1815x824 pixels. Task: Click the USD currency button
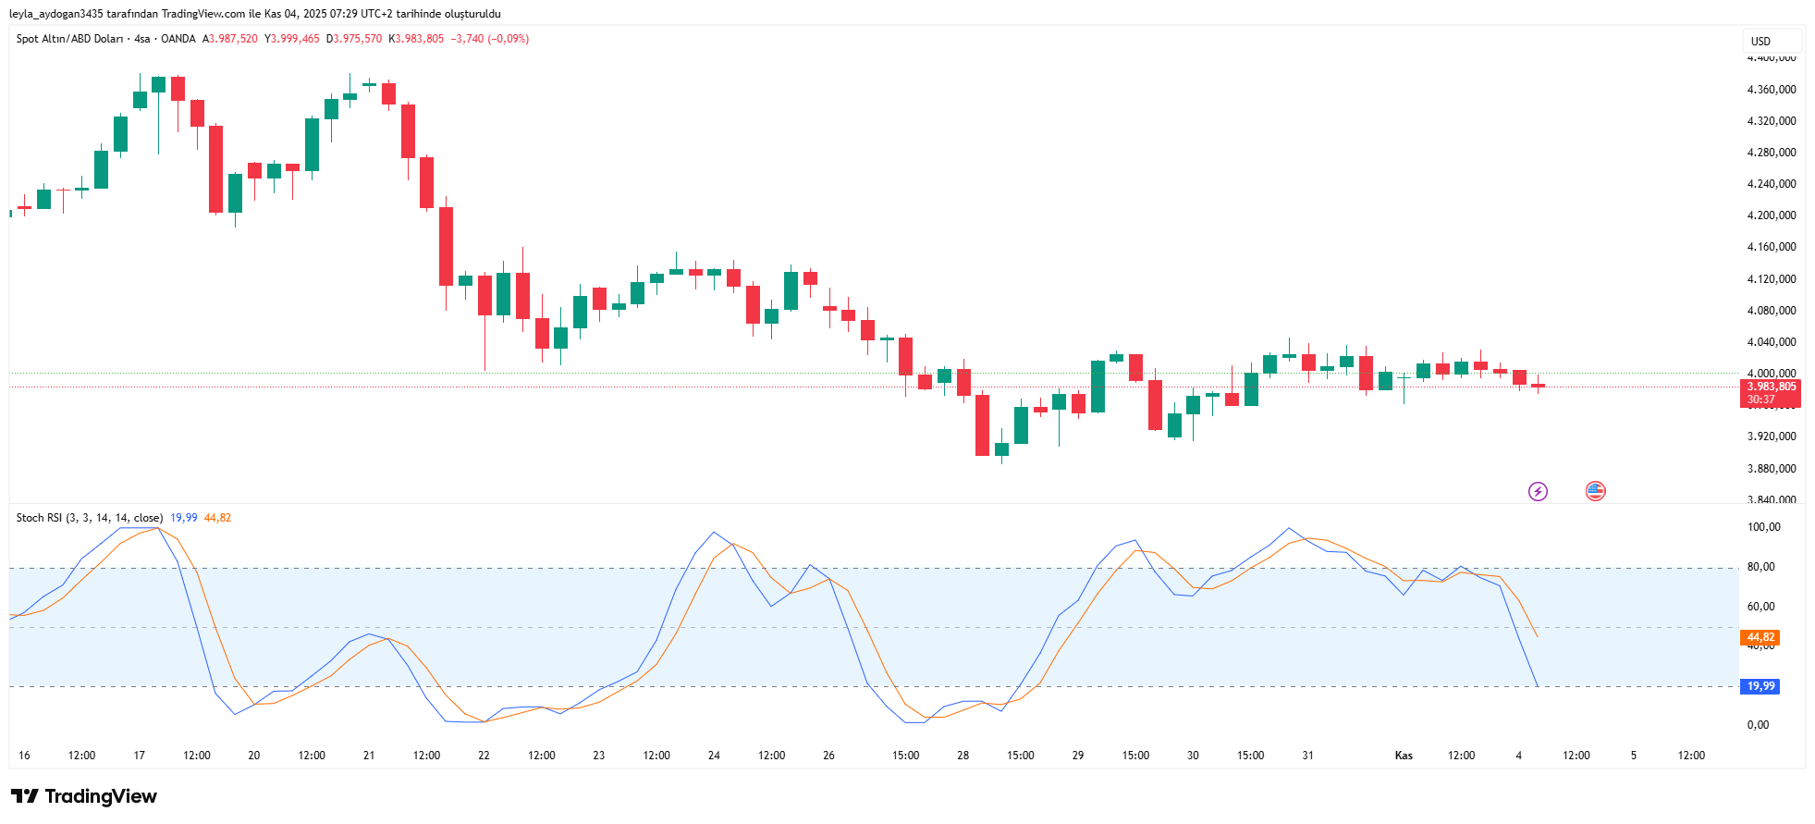pyautogui.click(x=1760, y=41)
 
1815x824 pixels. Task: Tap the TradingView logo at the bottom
pyautogui.click(x=84, y=796)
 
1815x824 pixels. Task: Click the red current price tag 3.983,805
pyautogui.click(x=1771, y=387)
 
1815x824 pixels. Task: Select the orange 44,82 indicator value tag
pyautogui.click(x=1760, y=637)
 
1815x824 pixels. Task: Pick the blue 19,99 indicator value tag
pyautogui.click(x=1760, y=686)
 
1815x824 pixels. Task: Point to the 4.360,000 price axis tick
pyautogui.click(x=1771, y=90)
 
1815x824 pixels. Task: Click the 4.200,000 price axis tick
pyautogui.click(x=1771, y=215)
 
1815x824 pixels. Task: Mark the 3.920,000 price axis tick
pyautogui.click(x=1771, y=437)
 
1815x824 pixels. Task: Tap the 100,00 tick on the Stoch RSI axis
pyautogui.click(x=1763, y=527)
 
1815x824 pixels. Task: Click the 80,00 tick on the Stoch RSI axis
pyautogui.click(x=1760, y=567)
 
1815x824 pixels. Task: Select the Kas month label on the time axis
pyautogui.click(x=1404, y=756)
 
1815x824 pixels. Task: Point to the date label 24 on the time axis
pyautogui.click(x=714, y=756)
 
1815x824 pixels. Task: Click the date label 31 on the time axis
pyautogui.click(x=1307, y=756)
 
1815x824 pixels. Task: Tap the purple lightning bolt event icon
pyautogui.click(x=1538, y=491)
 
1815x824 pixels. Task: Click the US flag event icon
pyautogui.click(x=1595, y=491)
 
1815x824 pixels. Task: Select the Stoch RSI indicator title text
pyautogui.click(x=89, y=518)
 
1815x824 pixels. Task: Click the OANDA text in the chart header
pyautogui.click(x=178, y=39)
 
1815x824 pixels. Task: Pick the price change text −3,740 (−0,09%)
pyautogui.click(x=489, y=39)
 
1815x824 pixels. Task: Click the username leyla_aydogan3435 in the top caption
pyautogui.click(x=55, y=14)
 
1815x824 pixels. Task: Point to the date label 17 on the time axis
pyautogui.click(x=140, y=756)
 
